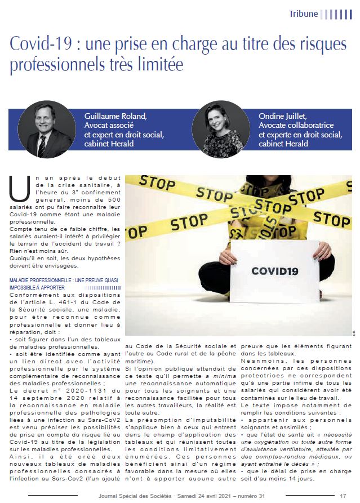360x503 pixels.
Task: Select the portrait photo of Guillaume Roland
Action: [45, 128]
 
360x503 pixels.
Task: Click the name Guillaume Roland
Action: [115, 117]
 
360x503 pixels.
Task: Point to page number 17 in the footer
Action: [343, 495]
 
